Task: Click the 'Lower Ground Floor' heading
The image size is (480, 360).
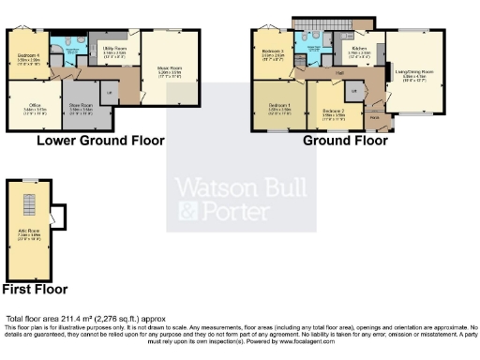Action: click(x=100, y=141)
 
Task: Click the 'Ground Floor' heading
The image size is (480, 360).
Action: click(x=344, y=141)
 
